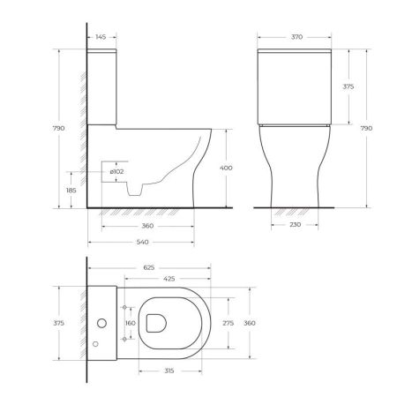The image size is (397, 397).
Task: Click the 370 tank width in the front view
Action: pyautogui.click(x=296, y=37)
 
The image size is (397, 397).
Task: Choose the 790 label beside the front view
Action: pyautogui.click(x=367, y=128)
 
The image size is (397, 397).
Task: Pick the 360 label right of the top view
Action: pyautogui.click(x=251, y=323)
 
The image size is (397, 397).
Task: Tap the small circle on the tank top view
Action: pyautogui.click(x=99, y=341)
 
